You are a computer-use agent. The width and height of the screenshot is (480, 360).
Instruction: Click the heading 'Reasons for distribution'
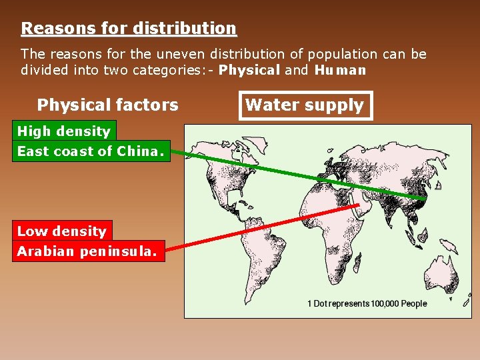pos(129,29)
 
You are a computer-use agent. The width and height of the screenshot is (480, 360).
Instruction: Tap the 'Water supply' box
pos(305,105)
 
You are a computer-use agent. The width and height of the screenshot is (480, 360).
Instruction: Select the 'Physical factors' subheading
pos(107,105)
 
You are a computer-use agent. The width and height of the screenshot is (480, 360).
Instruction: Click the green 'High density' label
pos(63,131)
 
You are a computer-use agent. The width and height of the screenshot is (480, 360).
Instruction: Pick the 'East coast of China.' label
pos(90,151)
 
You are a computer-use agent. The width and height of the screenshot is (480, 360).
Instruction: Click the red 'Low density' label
pos(61,231)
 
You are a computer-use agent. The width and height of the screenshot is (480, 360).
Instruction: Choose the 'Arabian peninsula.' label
pos(87,251)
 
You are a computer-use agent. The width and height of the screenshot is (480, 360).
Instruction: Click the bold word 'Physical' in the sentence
pos(249,70)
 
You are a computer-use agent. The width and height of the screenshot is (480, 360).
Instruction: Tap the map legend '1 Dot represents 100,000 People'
pos(367,303)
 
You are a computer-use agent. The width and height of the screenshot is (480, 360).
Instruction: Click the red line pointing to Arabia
pos(267,227)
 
